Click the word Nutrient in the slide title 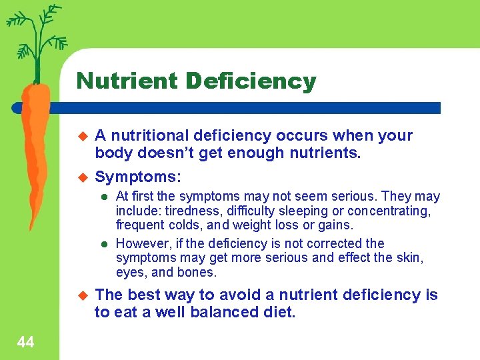[x=127, y=81]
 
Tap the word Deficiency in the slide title [x=251, y=81]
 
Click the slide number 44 [x=25, y=343]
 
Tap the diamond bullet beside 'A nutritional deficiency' [x=83, y=136]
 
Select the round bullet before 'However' [x=104, y=244]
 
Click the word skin [x=413, y=258]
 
